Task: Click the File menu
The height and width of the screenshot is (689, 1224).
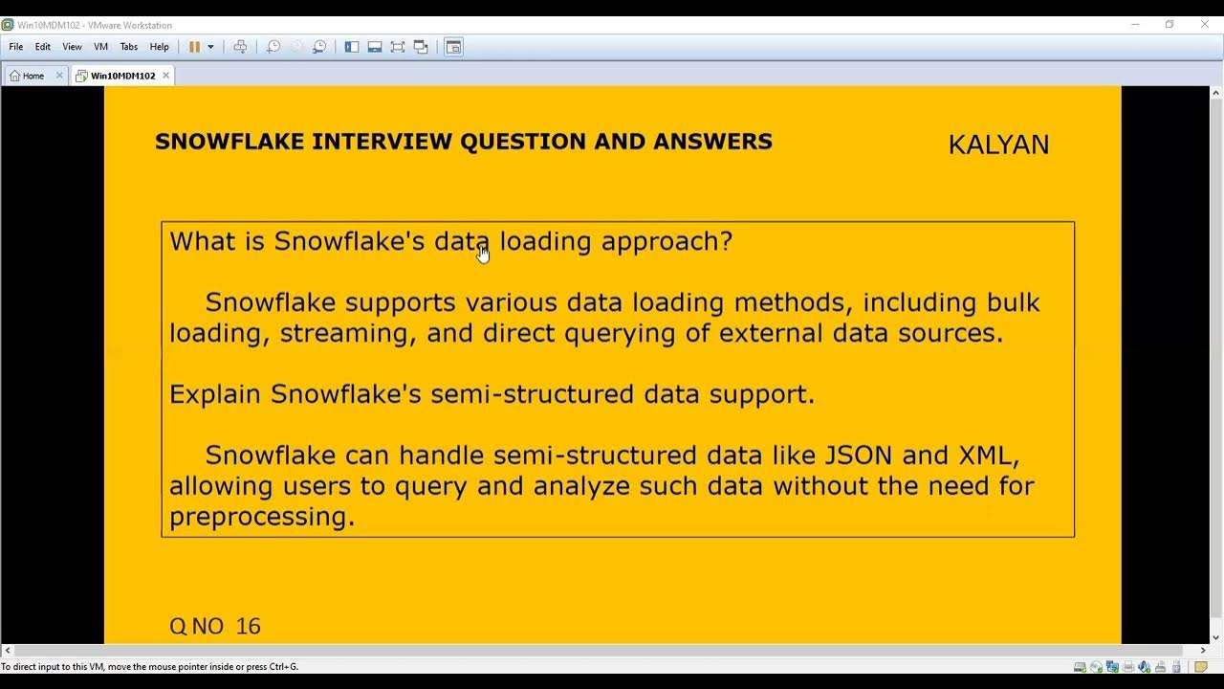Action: click(16, 47)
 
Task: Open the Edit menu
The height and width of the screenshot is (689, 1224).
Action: click(43, 47)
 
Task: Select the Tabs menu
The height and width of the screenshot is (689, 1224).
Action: click(129, 47)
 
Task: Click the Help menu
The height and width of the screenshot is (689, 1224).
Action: click(160, 47)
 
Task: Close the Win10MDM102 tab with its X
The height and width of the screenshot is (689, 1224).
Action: click(165, 76)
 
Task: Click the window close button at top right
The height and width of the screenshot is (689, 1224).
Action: click(1205, 24)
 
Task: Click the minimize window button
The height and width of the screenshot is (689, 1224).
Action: click(1135, 24)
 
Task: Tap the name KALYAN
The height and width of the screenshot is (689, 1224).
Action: click(998, 144)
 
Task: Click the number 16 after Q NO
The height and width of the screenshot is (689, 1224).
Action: click(248, 626)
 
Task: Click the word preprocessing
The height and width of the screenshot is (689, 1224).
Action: click(261, 517)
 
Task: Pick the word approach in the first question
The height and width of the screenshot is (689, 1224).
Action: click(666, 242)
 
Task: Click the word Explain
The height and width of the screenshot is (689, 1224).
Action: click(215, 394)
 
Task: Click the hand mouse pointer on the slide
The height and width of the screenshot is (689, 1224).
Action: click(483, 254)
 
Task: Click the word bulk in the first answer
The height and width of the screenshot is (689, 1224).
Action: click(1012, 302)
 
